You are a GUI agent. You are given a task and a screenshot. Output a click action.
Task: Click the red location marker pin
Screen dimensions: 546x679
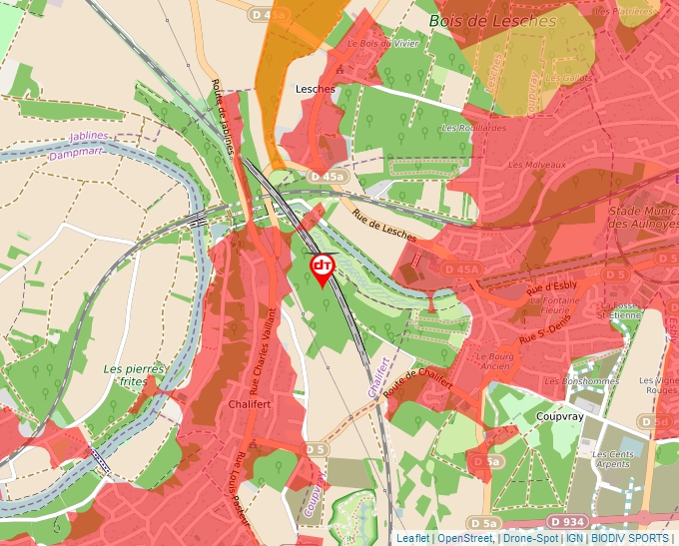323,268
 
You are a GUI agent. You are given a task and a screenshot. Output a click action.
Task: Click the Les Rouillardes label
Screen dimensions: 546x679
468,128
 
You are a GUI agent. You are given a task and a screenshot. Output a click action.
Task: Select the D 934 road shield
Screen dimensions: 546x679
567,521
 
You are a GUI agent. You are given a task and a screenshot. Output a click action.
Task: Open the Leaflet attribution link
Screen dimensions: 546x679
411,538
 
